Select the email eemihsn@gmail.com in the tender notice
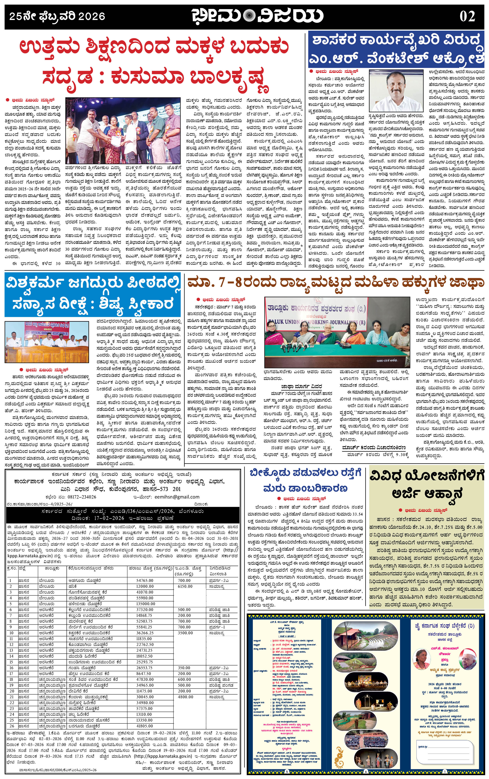pos(177,497)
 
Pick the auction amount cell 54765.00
pos(145,580)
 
